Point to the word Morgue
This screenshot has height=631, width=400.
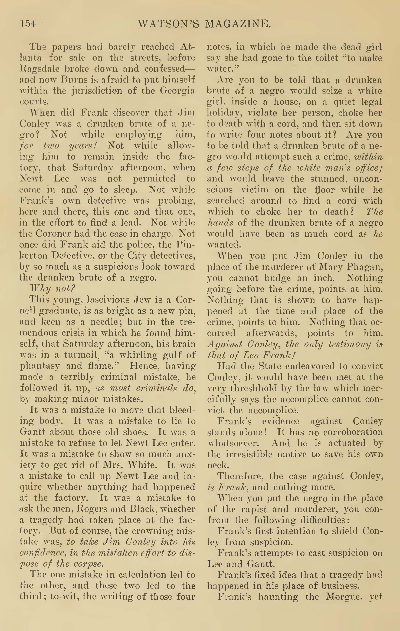pyautogui.click(x=341, y=597)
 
